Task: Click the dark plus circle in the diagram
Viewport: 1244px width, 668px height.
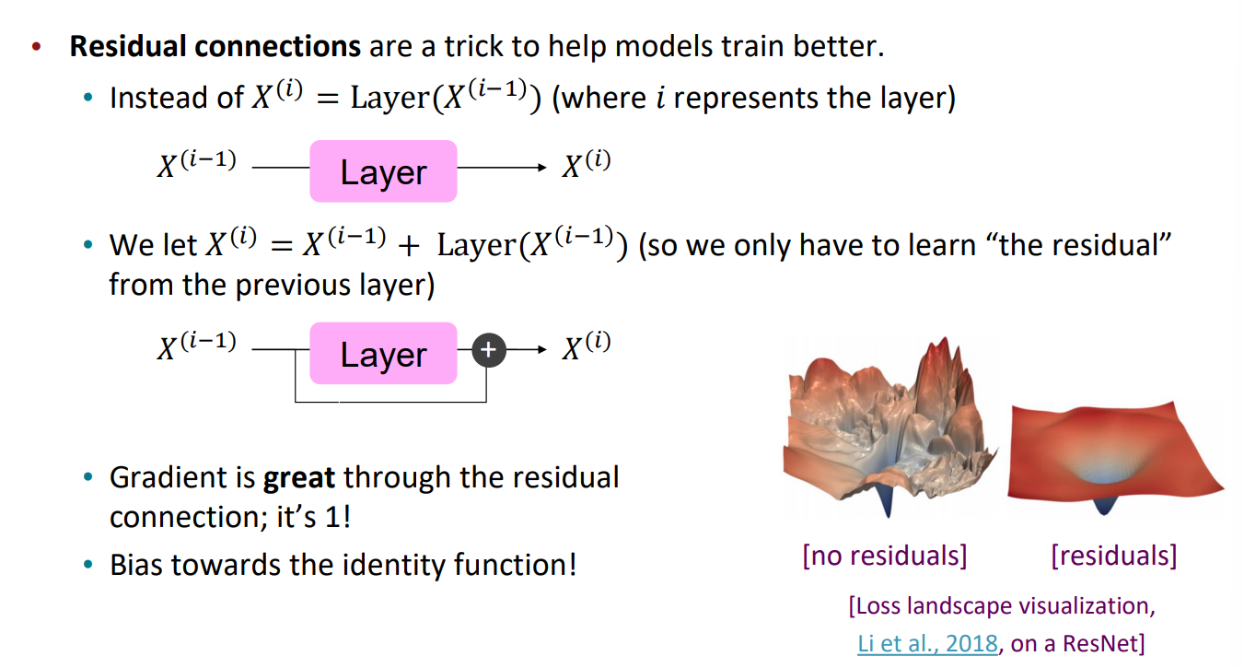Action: pyautogui.click(x=489, y=350)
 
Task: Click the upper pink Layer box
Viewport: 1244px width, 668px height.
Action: pyautogui.click(x=383, y=171)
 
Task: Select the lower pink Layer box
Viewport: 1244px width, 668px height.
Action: pyautogui.click(x=383, y=354)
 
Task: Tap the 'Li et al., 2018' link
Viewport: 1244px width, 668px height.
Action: pyautogui.click(x=927, y=643)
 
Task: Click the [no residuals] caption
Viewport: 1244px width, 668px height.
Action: pyautogui.click(x=885, y=556)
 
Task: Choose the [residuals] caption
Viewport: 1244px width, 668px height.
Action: pyautogui.click(x=1114, y=556)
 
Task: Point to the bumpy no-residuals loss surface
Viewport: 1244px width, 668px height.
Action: pyautogui.click(x=889, y=428)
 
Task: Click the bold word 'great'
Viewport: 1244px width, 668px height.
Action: pyautogui.click(x=298, y=478)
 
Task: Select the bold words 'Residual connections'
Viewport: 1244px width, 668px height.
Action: pyautogui.click(x=215, y=46)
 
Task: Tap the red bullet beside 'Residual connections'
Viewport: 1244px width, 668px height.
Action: pyautogui.click(x=37, y=47)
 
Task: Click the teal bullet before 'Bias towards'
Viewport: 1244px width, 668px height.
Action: pyautogui.click(x=87, y=565)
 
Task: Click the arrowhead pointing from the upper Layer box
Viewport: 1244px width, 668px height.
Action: pyautogui.click(x=542, y=168)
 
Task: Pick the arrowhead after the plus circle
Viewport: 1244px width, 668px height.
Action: pyautogui.click(x=542, y=349)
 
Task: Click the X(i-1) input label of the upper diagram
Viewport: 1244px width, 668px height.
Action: pyautogui.click(x=197, y=164)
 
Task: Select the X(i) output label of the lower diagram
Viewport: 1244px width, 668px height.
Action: pyautogui.click(x=587, y=346)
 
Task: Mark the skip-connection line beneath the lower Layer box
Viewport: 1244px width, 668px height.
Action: pyautogui.click(x=391, y=401)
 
